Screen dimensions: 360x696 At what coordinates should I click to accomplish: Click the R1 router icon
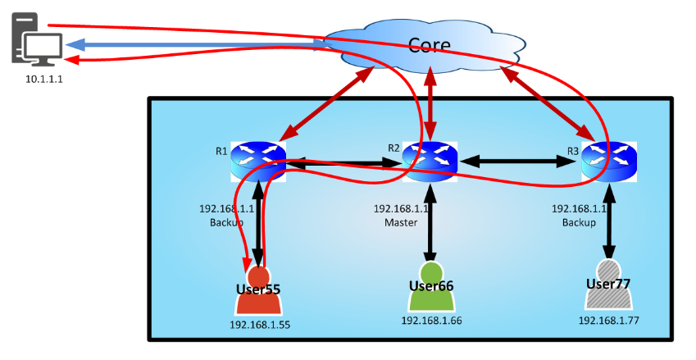258,161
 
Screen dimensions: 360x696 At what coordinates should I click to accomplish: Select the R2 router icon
430,161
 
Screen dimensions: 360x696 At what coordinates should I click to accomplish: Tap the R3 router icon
609,161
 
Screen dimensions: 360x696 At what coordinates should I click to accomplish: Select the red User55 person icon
258,292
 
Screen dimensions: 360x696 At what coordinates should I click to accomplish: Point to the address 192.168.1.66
431,320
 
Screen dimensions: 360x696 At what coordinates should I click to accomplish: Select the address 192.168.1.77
608,321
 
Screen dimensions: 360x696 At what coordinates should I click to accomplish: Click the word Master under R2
401,222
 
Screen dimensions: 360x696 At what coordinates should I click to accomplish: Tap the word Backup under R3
579,222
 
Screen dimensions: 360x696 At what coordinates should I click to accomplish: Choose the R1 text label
221,151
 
